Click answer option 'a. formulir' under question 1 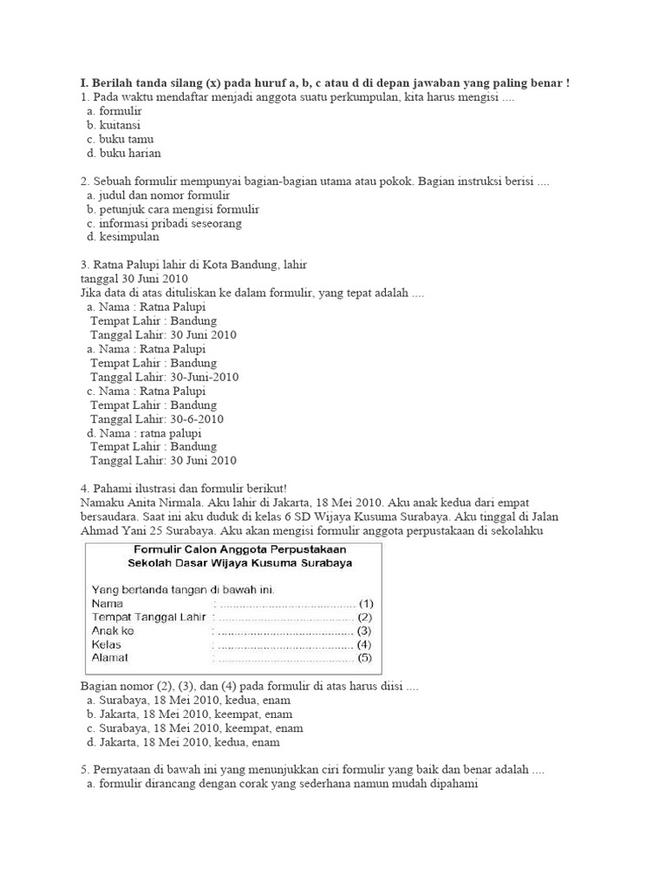[114, 111]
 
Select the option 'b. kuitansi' [114, 125]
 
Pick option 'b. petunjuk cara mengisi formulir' [173, 209]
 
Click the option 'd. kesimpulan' [122, 237]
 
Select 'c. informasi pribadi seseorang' [164, 223]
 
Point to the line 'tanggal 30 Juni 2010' [134, 279]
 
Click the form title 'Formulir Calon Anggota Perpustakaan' [238, 550]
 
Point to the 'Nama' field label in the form [108, 603]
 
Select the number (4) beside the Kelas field [364, 644]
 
